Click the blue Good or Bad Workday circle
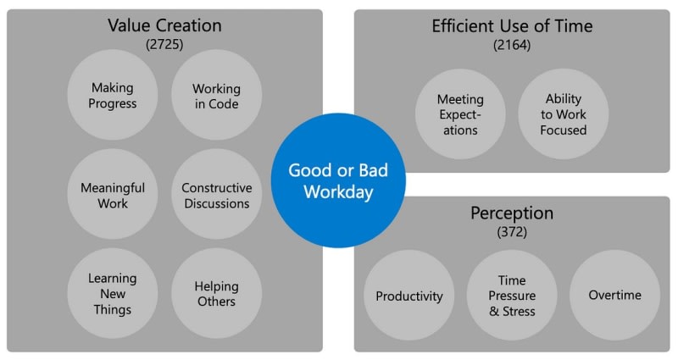coord(338,180)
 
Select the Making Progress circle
coord(113,95)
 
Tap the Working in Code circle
coord(216,95)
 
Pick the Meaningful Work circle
coord(113,194)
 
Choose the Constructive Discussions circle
coord(216,194)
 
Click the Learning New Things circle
coord(113,293)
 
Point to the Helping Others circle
coord(216,293)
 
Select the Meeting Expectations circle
coord(460,114)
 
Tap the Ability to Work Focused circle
coord(564,114)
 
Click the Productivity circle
coord(409,295)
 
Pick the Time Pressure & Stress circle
coord(512,295)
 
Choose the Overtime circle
coord(615,295)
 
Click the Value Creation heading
coord(164,25)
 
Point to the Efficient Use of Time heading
coord(512,26)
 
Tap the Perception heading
coord(512,213)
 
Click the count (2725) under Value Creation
coord(164,44)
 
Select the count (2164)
coord(512,45)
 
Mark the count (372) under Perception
coord(512,232)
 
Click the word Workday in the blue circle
coord(338,192)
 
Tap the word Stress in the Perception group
coord(519,311)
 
